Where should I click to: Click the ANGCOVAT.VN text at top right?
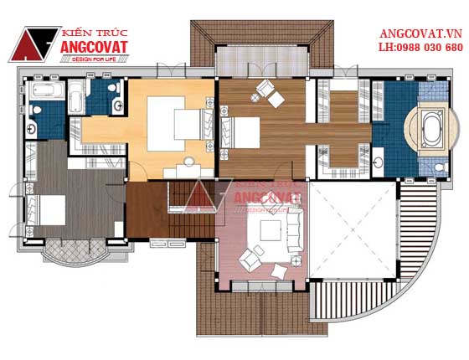(x=420, y=33)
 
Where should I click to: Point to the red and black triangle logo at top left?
(x=33, y=44)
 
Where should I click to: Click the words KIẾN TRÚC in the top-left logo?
(x=95, y=33)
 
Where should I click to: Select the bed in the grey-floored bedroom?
(x=45, y=210)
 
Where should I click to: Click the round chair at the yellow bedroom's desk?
(x=189, y=162)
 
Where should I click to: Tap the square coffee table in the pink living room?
(x=271, y=230)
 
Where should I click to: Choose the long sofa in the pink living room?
(x=295, y=230)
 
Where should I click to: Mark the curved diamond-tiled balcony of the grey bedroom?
(x=75, y=250)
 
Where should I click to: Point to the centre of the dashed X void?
(x=353, y=229)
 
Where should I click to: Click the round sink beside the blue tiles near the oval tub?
(x=379, y=162)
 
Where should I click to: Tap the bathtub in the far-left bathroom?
(x=47, y=89)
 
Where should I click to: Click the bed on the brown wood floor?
(x=240, y=133)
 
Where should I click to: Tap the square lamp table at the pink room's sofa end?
(x=296, y=260)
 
